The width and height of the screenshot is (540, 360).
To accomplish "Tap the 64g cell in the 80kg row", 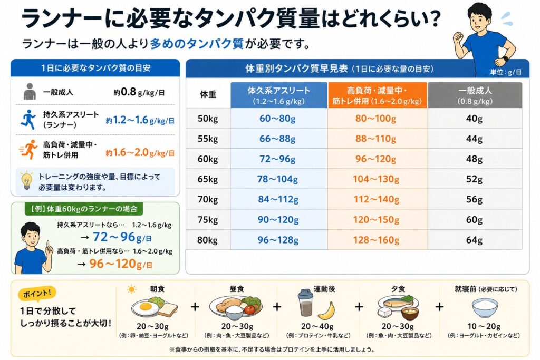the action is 475,239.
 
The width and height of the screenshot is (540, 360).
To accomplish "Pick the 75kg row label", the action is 208,220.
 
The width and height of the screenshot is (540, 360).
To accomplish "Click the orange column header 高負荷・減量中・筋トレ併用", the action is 378,95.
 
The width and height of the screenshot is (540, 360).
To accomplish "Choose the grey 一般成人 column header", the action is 475,95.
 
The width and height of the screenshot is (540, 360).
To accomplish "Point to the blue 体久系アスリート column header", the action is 278,95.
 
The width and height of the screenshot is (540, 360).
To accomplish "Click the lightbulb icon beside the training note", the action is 26,180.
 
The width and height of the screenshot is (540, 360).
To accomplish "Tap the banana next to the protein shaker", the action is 326,311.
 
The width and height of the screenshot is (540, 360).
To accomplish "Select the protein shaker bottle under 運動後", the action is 305,303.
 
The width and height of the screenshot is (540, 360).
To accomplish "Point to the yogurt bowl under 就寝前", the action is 485,307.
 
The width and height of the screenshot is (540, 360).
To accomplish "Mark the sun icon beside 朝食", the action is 131,289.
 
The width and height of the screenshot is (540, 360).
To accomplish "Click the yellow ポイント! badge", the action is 37,294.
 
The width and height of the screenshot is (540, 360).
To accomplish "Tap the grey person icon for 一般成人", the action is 30,92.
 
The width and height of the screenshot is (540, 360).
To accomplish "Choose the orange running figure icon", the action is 28,149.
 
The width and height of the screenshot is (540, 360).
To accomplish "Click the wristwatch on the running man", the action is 505,59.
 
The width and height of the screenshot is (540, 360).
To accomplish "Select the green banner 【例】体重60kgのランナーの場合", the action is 84,209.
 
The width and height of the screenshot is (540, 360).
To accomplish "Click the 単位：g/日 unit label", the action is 506,72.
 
